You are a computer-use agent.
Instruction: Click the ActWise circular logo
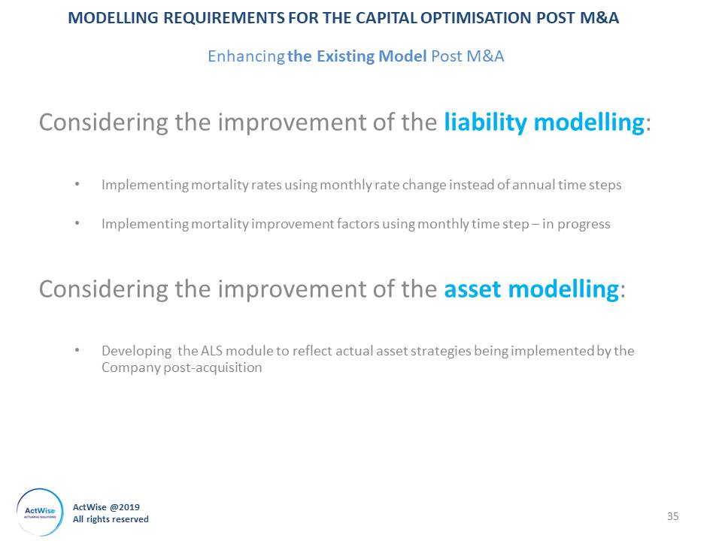pos(40,512)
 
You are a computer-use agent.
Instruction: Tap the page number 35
pos(672,516)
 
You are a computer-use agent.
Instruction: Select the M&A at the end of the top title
pos(599,17)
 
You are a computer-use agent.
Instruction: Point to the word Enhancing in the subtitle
pos(247,56)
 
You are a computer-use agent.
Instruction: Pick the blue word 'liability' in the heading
pos(486,122)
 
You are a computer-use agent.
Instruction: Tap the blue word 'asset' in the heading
pos(472,289)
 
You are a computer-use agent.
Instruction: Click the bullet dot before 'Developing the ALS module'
pos(77,351)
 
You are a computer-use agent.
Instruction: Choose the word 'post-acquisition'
pos(213,367)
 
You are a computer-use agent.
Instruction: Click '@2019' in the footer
pos(124,507)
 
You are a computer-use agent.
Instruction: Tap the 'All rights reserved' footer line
pos(111,519)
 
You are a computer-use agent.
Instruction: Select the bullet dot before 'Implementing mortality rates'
pos(77,184)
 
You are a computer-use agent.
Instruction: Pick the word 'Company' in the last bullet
pos(131,368)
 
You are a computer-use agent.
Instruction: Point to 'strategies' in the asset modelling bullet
pos(441,351)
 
